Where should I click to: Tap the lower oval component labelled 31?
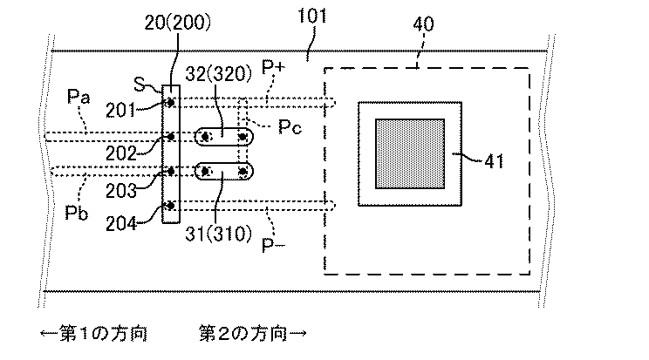223,171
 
